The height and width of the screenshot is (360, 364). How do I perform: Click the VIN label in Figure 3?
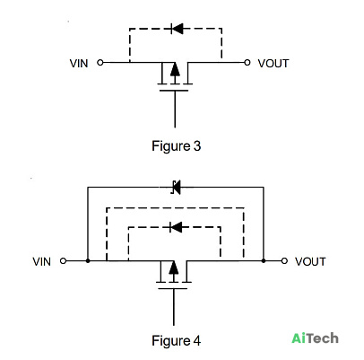point(79,64)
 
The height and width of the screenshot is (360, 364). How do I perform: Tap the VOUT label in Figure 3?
point(273,64)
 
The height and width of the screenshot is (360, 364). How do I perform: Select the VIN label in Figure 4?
point(42,261)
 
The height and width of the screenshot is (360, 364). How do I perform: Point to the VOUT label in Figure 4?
point(310,261)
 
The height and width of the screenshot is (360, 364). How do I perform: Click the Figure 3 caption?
point(177,146)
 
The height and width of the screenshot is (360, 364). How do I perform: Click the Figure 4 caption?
point(177,340)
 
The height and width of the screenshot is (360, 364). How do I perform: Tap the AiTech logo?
point(316,338)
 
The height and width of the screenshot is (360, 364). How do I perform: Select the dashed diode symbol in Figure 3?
point(177,29)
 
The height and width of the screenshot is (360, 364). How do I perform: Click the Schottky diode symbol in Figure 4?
point(177,188)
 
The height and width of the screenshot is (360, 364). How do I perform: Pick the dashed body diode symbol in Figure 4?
point(176,227)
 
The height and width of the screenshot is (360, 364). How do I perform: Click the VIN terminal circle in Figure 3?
point(100,63)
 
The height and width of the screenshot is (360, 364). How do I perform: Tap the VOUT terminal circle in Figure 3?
point(247,63)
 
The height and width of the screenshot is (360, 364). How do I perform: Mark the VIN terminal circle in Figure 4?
point(63,261)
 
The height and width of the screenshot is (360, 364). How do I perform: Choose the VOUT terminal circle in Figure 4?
point(284,261)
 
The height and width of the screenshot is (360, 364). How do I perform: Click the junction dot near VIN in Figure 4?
point(88,261)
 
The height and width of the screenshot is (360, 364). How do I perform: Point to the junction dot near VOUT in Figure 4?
point(264,261)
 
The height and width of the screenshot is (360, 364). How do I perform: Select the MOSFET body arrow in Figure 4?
point(174,270)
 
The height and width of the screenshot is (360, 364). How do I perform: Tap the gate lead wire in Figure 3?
point(175,109)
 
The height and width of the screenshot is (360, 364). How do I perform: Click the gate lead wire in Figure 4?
point(174,307)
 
